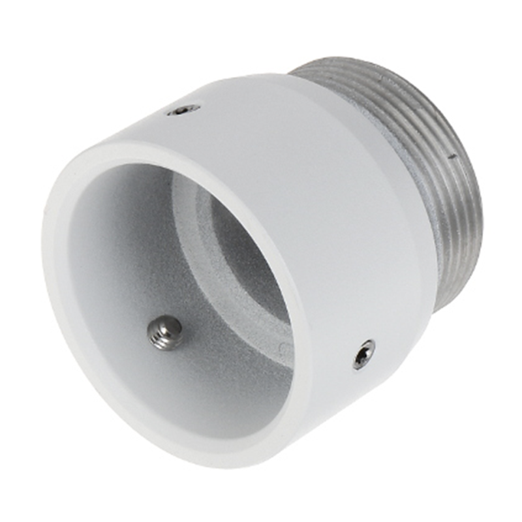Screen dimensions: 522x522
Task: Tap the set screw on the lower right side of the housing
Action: [x=363, y=354]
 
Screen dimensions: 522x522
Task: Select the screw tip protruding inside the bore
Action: [x=165, y=332]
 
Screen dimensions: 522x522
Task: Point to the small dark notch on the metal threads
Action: [x=452, y=157]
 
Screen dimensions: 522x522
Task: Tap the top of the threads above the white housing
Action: [x=352, y=65]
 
